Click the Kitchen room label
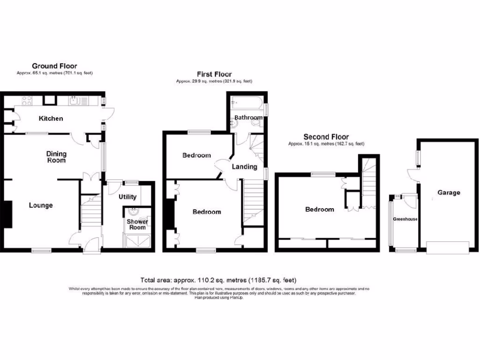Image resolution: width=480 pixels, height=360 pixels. pos(51,119)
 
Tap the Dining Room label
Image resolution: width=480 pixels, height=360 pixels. pos(56,157)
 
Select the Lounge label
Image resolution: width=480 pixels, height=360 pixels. pos(41,205)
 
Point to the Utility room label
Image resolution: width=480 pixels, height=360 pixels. pos(127,197)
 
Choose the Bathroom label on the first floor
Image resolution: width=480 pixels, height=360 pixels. pos(248,117)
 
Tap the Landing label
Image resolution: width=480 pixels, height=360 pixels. pos(244,167)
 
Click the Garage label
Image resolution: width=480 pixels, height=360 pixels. pos(449,192)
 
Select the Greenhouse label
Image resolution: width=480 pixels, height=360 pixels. pos(405,219)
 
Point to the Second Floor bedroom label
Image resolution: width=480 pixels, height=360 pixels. pos(320,209)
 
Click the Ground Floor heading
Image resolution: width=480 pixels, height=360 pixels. pos(54,66)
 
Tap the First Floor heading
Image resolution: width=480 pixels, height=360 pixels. pos(214,74)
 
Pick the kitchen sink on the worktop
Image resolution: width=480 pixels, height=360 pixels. pos(75,100)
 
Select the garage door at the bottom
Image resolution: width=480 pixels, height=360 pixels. pos(448,247)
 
